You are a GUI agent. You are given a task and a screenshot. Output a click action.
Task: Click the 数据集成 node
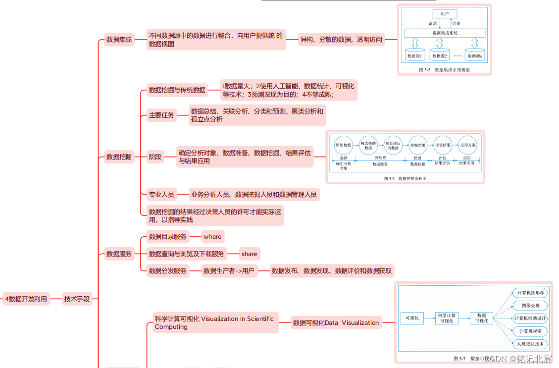pos(119,40)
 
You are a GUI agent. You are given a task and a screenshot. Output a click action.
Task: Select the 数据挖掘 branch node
pos(119,157)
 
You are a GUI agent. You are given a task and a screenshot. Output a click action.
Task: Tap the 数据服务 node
pos(119,254)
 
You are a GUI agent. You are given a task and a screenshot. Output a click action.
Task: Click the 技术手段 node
pos(77,299)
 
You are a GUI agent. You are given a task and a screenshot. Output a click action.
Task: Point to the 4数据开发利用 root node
pos(26,299)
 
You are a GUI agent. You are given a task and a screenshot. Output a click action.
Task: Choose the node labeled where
pos(212,237)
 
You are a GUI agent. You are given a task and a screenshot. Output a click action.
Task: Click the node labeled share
pos(249,254)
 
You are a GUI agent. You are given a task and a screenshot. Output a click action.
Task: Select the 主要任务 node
pos(161,115)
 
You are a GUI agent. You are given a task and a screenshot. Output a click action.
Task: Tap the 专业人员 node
pos(161,195)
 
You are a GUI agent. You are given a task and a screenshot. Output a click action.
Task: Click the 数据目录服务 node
pos(168,237)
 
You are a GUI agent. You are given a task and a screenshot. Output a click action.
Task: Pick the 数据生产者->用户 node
pos(229,271)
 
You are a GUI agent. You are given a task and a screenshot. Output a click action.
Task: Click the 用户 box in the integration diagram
pos(445,14)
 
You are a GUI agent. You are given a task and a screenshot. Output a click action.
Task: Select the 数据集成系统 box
pos(445,33)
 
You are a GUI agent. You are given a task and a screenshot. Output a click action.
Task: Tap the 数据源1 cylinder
pos(414,55)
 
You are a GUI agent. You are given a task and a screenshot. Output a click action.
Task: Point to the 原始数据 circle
pos(343,145)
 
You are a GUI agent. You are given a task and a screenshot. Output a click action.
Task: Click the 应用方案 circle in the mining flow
pos(467,145)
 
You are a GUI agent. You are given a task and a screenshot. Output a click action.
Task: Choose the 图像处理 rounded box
pos(529,306)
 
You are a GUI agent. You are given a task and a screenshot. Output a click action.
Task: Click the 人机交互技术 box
pos(529,344)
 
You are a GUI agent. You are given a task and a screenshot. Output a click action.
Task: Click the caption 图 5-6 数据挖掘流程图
pos(405,178)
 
